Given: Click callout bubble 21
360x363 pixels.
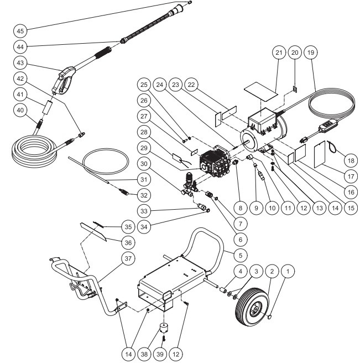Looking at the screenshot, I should tap(278, 52).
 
